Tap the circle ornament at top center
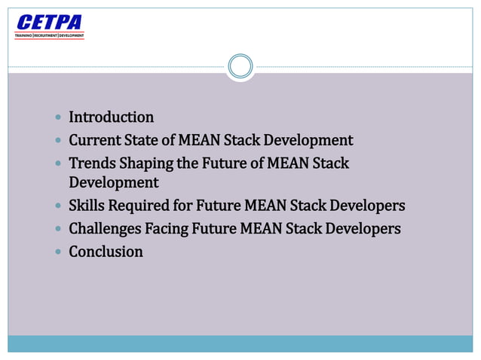pyautogui.click(x=240, y=66)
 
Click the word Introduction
pyautogui.click(x=111, y=117)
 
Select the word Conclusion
pyautogui.click(x=106, y=252)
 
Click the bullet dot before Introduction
pyautogui.click(x=59, y=118)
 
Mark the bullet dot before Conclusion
pyautogui.click(x=59, y=252)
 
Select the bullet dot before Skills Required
pyautogui.click(x=59, y=206)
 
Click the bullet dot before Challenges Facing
pyautogui.click(x=59, y=229)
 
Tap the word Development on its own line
pyautogui.click(x=114, y=183)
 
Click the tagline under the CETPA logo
pyautogui.click(x=50, y=35)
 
